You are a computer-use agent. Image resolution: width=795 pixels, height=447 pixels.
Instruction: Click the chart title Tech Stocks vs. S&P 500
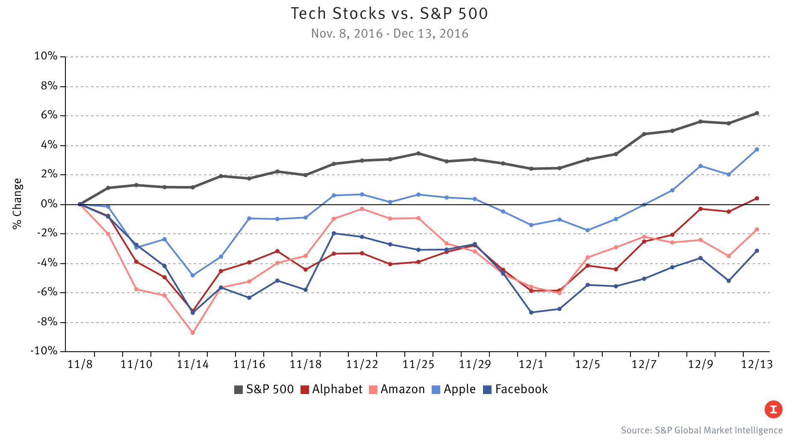click(x=389, y=14)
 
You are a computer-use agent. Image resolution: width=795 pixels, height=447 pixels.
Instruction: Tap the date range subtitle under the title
click(x=389, y=34)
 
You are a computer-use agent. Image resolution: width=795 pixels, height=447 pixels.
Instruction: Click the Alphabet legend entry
click(x=331, y=389)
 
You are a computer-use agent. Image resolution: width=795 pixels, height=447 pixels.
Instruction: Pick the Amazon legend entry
click(x=397, y=389)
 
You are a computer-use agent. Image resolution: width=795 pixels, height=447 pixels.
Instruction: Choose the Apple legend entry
click(x=454, y=389)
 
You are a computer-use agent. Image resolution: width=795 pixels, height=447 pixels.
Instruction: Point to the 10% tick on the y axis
click(x=46, y=56)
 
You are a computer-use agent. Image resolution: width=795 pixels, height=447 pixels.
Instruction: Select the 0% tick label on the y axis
click(x=49, y=204)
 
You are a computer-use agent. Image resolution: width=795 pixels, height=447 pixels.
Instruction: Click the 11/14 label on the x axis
click(x=193, y=365)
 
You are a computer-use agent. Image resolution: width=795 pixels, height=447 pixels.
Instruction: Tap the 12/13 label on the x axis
click(x=757, y=365)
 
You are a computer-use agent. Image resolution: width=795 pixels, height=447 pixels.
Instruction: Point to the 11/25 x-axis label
click(x=418, y=365)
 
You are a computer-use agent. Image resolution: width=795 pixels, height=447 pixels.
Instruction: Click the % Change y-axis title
click(x=17, y=204)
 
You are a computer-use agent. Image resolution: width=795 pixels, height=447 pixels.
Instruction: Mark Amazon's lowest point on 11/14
click(x=193, y=332)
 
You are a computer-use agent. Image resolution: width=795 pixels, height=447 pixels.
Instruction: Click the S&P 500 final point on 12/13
click(x=757, y=113)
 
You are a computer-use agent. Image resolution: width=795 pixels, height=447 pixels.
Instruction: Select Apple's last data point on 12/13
click(x=757, y=150)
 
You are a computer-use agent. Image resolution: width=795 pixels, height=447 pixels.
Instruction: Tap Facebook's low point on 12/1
click(x=531, y=312)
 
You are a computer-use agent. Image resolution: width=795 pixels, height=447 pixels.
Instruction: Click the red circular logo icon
click(x=773, y=409)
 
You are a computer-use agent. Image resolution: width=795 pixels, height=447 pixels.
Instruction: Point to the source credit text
click(x=701, y=430)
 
